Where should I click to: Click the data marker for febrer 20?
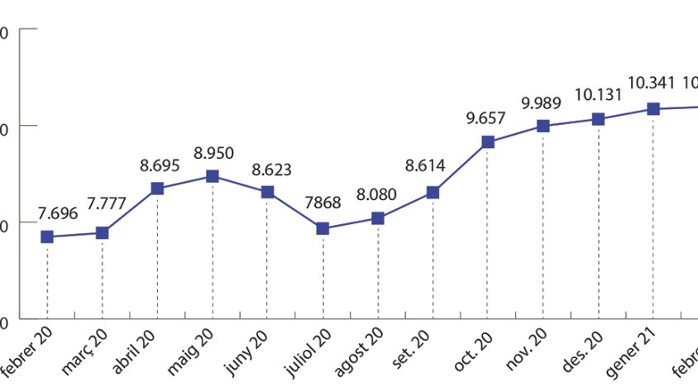point(47,237)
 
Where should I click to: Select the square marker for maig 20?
point(213,176)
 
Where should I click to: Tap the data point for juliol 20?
point(323,228)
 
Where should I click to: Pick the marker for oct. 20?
point(488,142)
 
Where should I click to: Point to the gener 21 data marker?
point(653,109)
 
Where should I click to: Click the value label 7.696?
point(57,213)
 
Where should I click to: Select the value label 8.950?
point(213,153)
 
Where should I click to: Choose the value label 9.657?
point(485,118)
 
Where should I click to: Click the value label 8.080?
point(376,196)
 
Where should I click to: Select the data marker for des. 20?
point(598,119)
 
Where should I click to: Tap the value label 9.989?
point(541,103)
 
